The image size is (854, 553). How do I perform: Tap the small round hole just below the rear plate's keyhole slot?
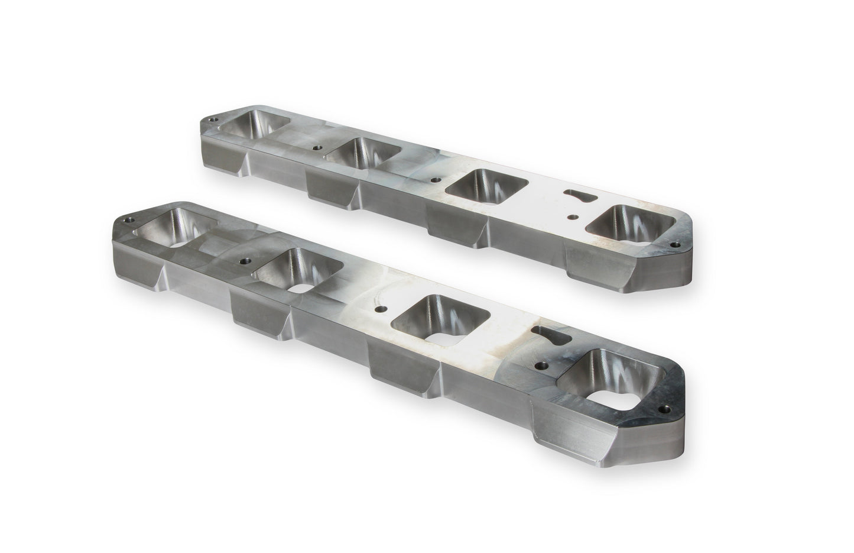571,218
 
